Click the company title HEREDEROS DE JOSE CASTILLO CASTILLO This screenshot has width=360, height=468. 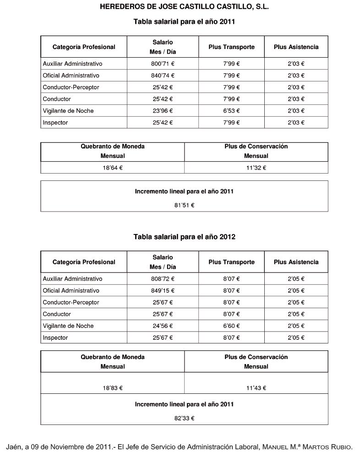(x=184, y=7)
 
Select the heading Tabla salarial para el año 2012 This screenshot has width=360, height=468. (x=184, y=237)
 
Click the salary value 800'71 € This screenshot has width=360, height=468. (x=163, y=64)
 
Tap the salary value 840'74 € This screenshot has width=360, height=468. (x=163, y=76)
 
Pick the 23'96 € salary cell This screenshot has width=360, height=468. (x=163, y=111)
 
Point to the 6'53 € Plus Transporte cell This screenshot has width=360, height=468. (x=231, y=111)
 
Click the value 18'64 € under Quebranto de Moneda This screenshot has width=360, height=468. (x=113, y=168)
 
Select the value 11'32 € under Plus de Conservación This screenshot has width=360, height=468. (x=256, y=168)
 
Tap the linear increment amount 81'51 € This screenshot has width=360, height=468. (x=184, y=205)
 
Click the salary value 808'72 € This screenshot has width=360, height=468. (x=163, y=279)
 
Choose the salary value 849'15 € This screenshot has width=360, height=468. (x=163, y=291)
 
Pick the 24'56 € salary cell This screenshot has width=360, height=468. (x=163, y=326)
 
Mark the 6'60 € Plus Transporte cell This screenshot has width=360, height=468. (x=231, y=326)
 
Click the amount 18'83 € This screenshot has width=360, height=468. (x=113, y=388)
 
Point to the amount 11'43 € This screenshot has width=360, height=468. (x=256, y=388)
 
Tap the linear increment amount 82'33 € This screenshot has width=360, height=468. (x=184, y=418)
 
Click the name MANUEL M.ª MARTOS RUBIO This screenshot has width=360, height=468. (x=307, y=447)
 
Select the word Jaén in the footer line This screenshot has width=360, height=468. (x=13, y=447)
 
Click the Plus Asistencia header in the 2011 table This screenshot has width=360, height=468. (x=296, y=47)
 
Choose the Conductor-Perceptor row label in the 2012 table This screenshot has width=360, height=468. (x=71, y=303)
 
